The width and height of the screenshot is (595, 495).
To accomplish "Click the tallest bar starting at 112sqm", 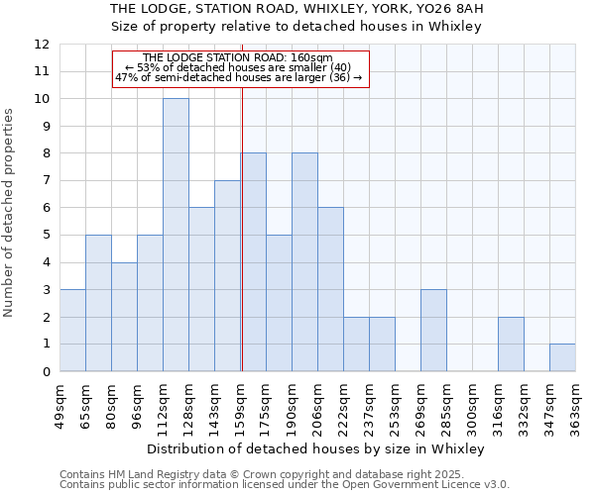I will pyautogui.click(x=176, y=235).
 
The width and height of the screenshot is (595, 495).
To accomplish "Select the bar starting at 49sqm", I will pyautogui.click(x=72, y=331).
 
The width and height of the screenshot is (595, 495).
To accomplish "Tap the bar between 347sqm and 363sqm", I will pyautogui.click(x=562, y=357).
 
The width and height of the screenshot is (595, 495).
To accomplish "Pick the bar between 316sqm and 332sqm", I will pyautogui.click(x=511, y=344).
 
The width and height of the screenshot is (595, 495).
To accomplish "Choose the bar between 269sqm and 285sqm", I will pyautogui.click(x=433, y=331).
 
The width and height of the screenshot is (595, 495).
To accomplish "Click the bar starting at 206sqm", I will pyautogui.click(x=330, y=289).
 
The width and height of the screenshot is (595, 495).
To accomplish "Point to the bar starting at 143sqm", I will pyautogui.click(x=227, y=275).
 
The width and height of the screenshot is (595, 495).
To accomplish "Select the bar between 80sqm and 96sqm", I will pyautogui.click(x=124, y=317).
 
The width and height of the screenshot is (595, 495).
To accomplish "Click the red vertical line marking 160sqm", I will pyautogui.click(x=242, y=247).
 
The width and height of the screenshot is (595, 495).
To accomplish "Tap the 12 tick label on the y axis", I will pyautogui.click(x=42, y=45).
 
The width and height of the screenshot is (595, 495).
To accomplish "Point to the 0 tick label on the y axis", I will pyautogui.click(x=46, y=371).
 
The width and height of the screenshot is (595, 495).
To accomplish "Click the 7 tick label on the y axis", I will pyautogui.click(x=46, y=181).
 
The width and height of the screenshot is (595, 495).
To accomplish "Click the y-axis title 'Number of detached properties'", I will pyautogui.click(x=10, y=213).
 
